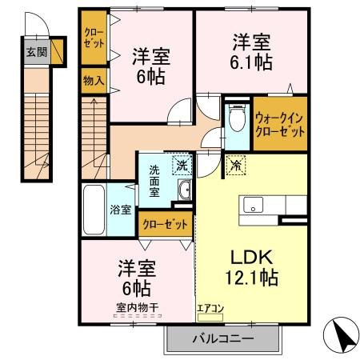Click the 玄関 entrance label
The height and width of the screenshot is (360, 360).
(x=34, y=54)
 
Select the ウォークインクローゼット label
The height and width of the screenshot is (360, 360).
(x=279, y=125)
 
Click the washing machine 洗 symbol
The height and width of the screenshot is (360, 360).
(x=182, y=166)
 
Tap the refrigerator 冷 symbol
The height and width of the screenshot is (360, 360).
(x=236, y=166)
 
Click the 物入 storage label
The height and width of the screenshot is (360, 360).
(x=94, y=80)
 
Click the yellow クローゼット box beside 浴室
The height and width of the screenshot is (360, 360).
(x=165, y=223)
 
